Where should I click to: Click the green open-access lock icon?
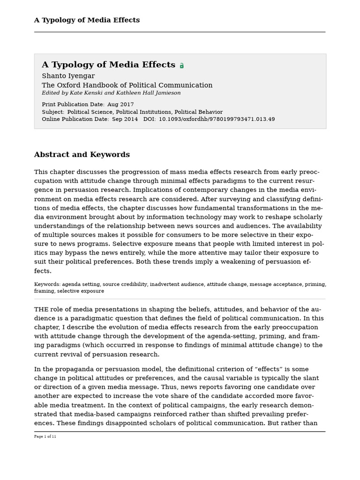click(182, 66)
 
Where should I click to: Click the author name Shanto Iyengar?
click(68, 76)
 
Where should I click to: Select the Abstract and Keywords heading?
click(82, 155)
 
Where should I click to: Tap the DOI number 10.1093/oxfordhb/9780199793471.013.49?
click(217, 119)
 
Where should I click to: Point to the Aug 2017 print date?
click(120, 105)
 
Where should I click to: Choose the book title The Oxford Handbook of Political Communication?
click(127, 85)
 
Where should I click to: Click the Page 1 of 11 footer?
click(45, 436)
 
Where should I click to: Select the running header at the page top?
click(87, 20)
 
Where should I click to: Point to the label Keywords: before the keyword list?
click(47, 284)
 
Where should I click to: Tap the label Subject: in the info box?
click(53, 112)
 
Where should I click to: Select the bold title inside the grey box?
click(108, 65)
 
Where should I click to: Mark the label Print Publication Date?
click(73, 105)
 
